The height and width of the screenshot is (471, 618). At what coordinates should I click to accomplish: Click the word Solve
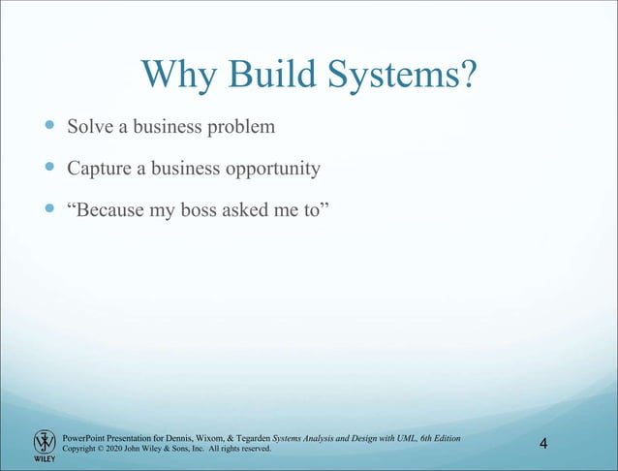[x=91, y=127]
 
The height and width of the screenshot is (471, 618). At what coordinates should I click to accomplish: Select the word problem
[x=227, y=128]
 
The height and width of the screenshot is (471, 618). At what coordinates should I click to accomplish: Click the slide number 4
[x=543, y=444]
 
